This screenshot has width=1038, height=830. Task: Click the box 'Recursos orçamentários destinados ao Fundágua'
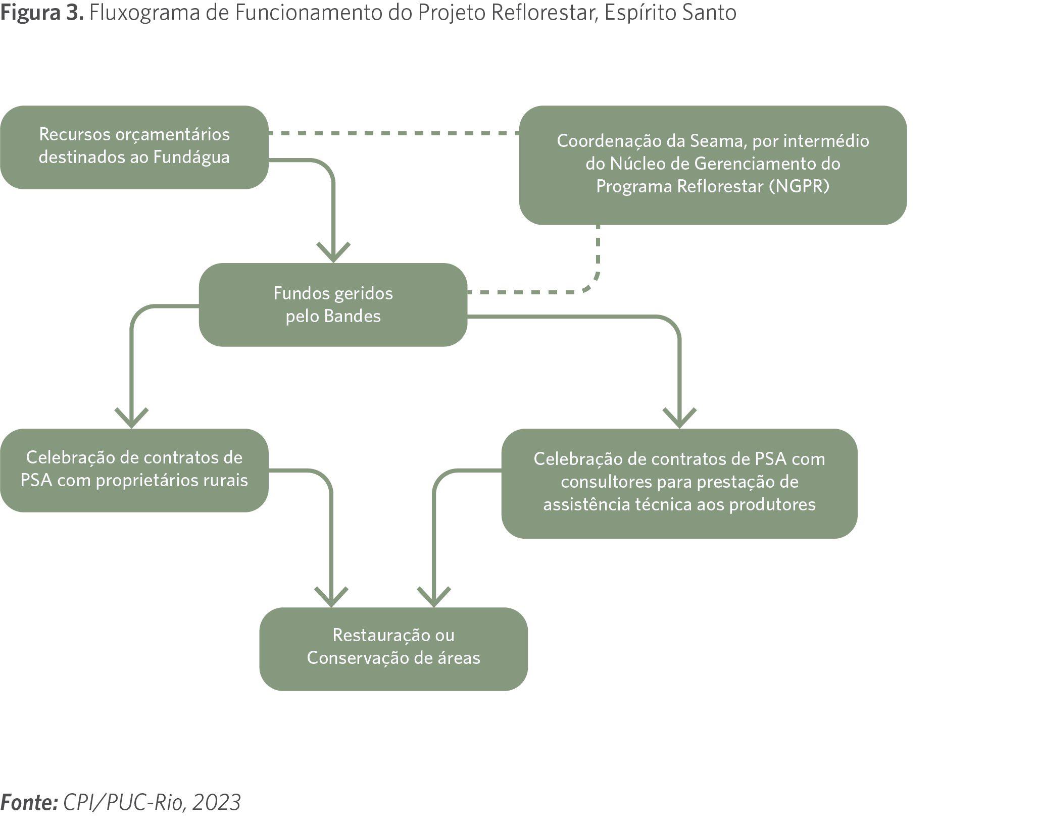pyautogui.click(x=134, y=147)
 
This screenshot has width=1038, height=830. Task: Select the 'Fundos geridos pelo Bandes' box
pyautogui.click(x=333, y=304)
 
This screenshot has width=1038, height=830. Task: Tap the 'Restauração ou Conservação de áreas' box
pyautogui.click(x=393, y=649)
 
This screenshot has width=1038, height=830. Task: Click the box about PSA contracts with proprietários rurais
pyautogui.click(x=134, y=471)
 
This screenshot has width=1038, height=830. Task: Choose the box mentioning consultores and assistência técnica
pyautogui.click(x=679, y=484)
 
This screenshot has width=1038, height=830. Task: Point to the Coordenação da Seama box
pyautogui.click(x=713, y=165)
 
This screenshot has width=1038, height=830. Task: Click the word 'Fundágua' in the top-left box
pyautogui.click(x=191, y=157)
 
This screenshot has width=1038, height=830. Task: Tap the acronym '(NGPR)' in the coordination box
pyautogui.click(x=799, y=186)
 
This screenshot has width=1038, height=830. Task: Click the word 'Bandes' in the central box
pyautogui.click(x=353, y=316)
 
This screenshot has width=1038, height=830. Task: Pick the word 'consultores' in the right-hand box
pyautogui.click(x=607, y=482)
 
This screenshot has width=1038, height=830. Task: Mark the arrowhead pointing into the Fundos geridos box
pyautogui.click(x=333, y=252)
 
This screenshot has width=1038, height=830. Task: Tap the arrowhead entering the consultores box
pyautogui.click(x=679, y=419)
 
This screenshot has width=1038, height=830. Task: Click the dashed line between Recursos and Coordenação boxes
pyautogui.click(x=394, y=133)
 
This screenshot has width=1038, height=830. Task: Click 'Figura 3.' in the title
pyautogui.click(x=42, y=13)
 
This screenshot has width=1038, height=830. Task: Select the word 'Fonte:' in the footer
pyautogui.click(x=29, y=802)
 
